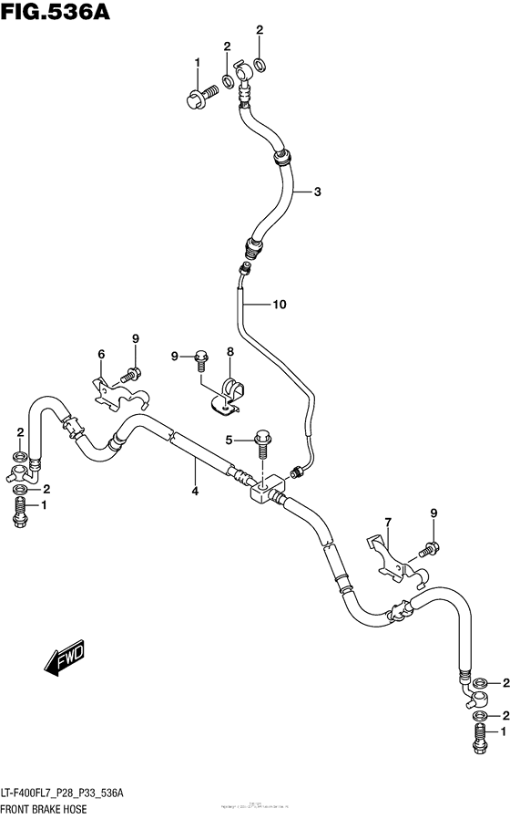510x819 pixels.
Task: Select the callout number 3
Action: (317, 192)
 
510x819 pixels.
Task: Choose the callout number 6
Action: (102, 354)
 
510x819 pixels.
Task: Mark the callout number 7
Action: (387, 522)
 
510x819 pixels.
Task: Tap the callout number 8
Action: (230, 351)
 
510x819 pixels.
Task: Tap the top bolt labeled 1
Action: (200, 94)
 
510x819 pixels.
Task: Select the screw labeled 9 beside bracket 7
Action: (429, 549)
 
